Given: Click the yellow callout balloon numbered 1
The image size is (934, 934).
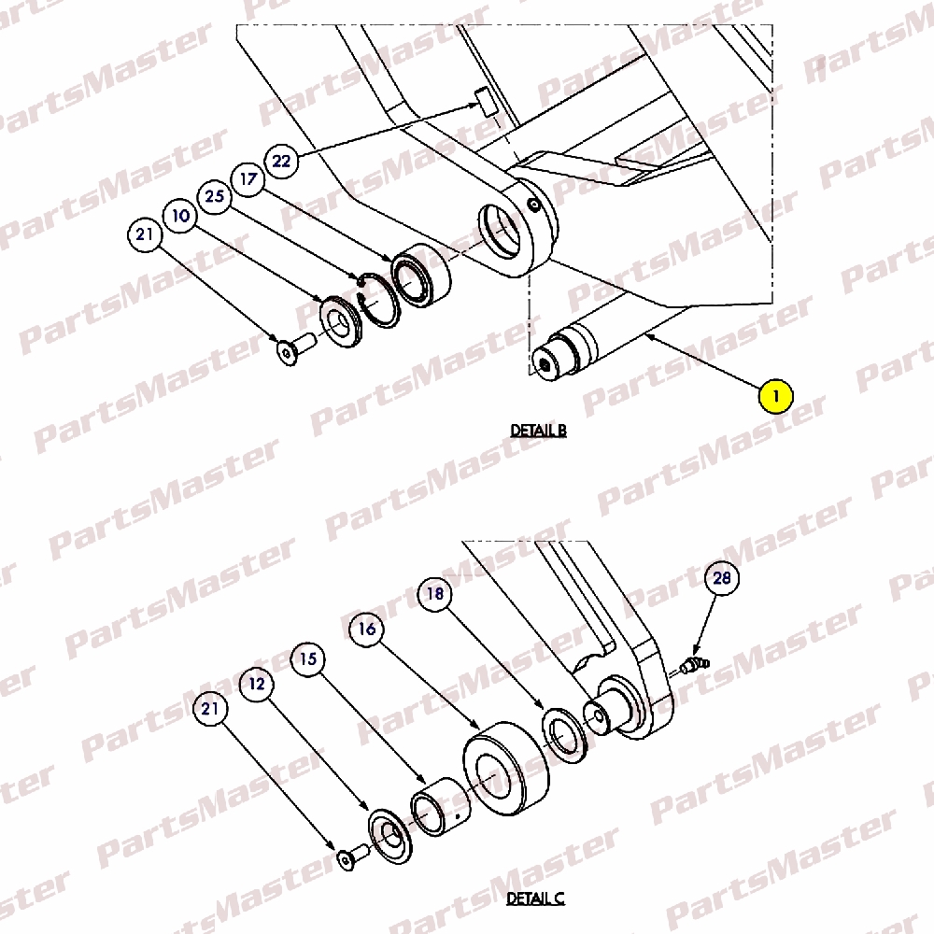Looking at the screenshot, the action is tap(775, 395).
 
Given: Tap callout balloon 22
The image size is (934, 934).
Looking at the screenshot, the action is tap(281, 161).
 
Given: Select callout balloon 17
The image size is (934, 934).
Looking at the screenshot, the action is tap(248, 178).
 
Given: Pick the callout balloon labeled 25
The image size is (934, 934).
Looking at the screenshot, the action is tap(215, 196).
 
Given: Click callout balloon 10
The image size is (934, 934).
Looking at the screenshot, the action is tap(180, 215).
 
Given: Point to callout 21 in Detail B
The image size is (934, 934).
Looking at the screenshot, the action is tap(145, 234).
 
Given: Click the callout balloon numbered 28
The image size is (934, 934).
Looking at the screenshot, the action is tap(722, 578).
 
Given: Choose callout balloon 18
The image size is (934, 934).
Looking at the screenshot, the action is tap(435, 594).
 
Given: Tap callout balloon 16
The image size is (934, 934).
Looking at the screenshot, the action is tap(366, 629).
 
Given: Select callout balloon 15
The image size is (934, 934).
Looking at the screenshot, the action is tap(308, 658).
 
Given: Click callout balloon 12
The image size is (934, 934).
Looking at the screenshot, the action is tap(257, 684).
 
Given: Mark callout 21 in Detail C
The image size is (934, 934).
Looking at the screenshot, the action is tap(210, 708).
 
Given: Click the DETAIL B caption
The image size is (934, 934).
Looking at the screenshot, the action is tap(539, 430).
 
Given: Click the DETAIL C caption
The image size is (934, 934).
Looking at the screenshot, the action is tap(535, 899).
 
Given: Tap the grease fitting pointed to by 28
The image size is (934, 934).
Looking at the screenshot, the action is tap(695, 665).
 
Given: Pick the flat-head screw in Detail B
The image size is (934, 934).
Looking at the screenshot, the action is tap(296, 348).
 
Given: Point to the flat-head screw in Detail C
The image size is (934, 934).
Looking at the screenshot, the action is tap(353, 857).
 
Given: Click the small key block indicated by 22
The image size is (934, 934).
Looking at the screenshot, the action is tap(487, 101).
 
